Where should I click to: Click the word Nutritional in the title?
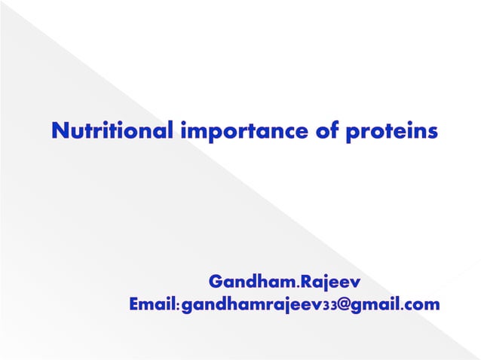click(x=112, y=130)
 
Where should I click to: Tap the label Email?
click(x=152, y=305)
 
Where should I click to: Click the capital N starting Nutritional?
click(x=59, y=130)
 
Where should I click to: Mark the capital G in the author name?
click(x=216, y=282)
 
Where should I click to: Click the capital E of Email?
click(x=134, y=305)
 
